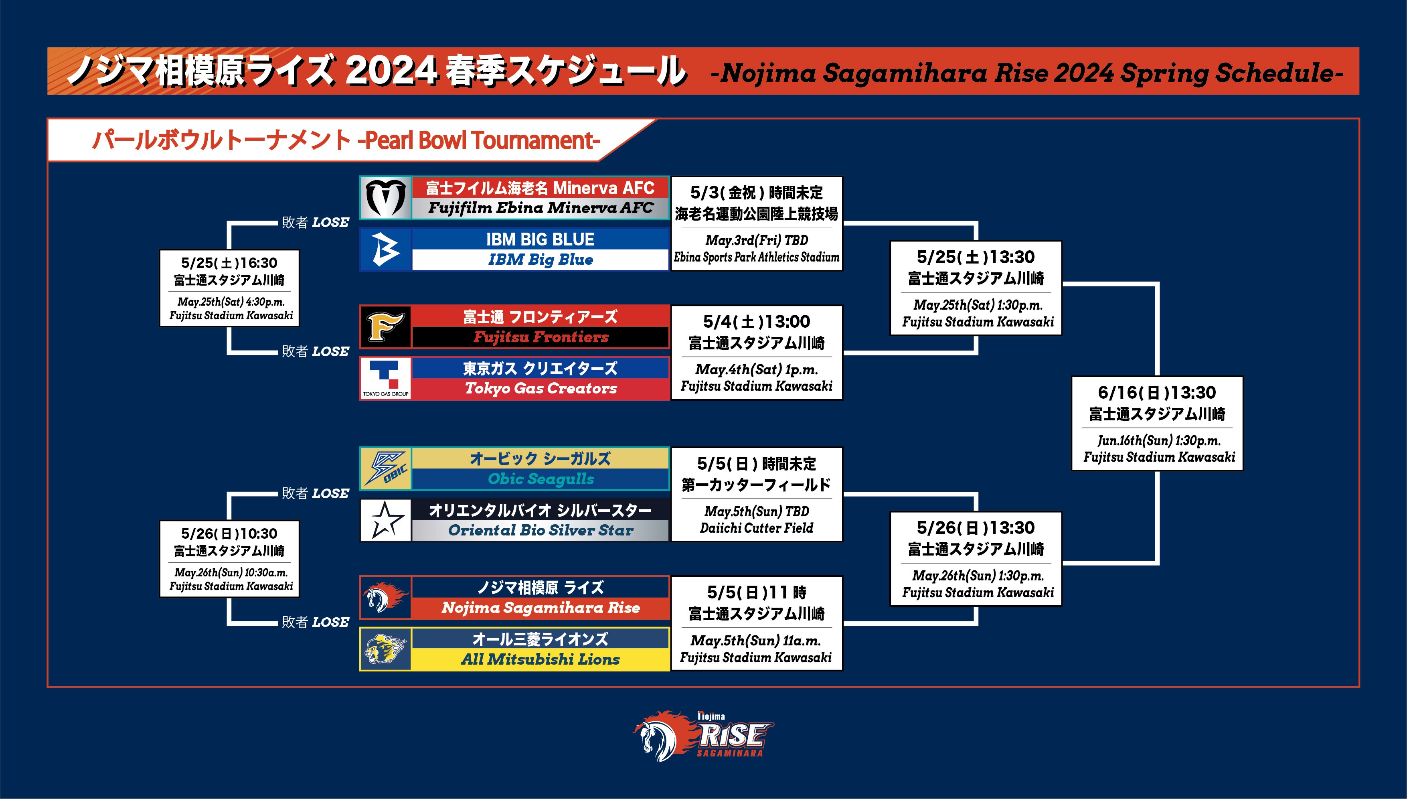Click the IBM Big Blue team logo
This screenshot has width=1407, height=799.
pos(386,249)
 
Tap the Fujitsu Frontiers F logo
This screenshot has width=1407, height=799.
pos(386,326)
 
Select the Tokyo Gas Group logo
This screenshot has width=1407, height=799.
pos(386,379)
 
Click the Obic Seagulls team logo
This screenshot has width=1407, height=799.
pos(386,468)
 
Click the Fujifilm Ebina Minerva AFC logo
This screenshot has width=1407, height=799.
pos(386,198)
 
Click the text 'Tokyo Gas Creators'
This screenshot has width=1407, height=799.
pos(541,389)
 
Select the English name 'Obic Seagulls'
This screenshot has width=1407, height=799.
pos(541,479)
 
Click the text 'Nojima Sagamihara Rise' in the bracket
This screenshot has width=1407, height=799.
pos(541,608)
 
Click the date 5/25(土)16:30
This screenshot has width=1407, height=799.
pos(229,263)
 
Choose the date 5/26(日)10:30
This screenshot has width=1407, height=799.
pos(229,533)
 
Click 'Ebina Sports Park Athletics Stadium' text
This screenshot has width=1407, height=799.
pos(757,257)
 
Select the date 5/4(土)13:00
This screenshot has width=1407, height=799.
pos(757,322)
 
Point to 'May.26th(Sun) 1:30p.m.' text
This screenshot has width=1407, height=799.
pos(978,576)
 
